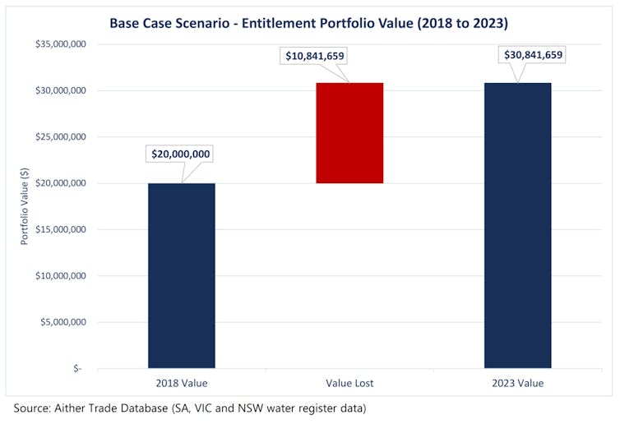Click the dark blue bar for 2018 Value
[182, 275]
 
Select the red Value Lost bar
[349, 133]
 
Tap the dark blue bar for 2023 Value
[517, 225]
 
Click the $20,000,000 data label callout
[181, 154]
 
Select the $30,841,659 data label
[532, 55]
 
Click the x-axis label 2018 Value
[181, 383]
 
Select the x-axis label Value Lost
[349, 383]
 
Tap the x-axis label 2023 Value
[517, 383]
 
